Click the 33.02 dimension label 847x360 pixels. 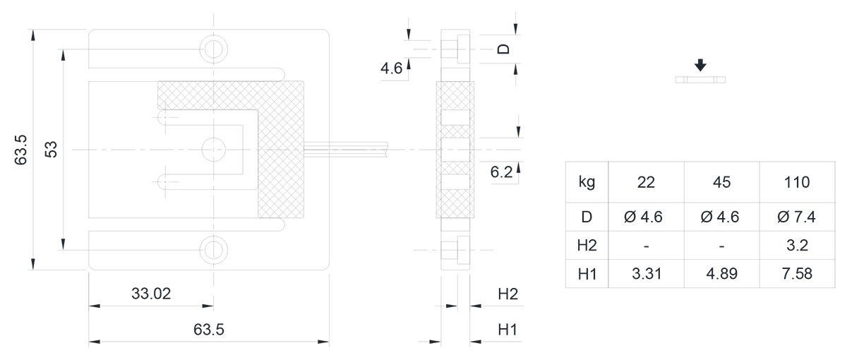click(151, 294)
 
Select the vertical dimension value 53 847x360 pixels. click(51, 150)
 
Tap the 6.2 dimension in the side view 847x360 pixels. click(501, 172)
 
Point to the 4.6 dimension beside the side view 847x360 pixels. click(391, 68)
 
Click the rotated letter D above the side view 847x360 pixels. click(503, 49)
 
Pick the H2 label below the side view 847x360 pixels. click(507, 294)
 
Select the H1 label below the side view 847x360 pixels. click(507, 330)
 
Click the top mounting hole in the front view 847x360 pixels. click(214, 49)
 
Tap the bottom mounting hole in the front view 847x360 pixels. click(214, 250)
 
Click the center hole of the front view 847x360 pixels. click(214, 150)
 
